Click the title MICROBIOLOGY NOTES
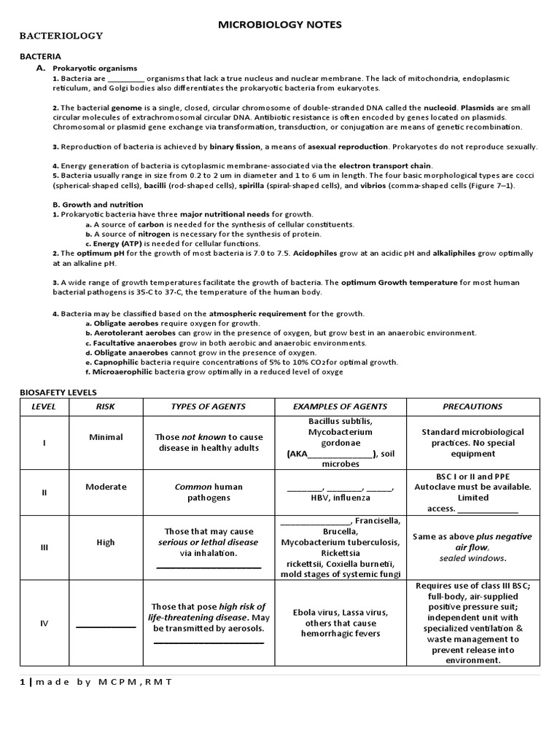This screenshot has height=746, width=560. click(280, 25)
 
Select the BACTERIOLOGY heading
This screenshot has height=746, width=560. click(61, 36)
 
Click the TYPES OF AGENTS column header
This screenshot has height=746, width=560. click(208, 407)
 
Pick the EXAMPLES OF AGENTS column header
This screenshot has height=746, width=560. click(340, 407)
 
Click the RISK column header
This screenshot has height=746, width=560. click(106, 407)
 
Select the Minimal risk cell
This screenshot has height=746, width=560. click(106, 437)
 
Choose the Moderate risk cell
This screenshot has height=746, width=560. click(106, 487)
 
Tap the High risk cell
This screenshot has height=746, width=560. click(106, 542)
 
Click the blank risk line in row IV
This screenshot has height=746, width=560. click(106, 625)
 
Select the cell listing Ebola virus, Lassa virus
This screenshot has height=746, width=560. click(341, 623)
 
